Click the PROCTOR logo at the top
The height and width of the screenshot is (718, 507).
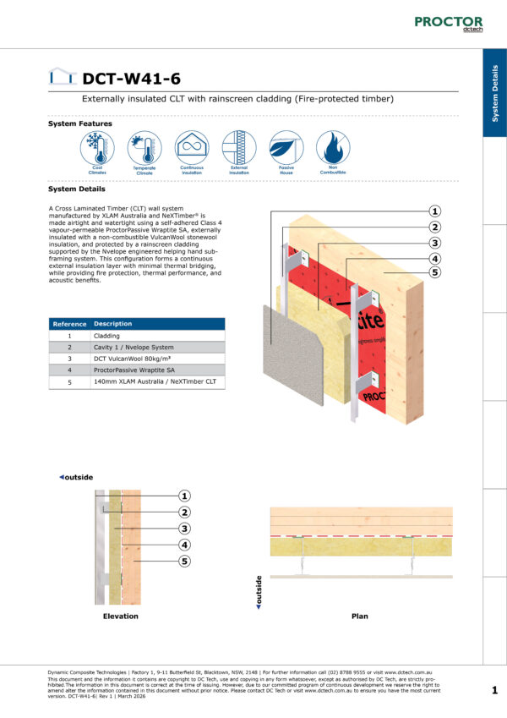point(448,23)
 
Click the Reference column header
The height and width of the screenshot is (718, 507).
point(69,324)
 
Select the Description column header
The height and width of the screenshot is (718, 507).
point(113,324)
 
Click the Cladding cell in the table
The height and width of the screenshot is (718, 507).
point(106,336)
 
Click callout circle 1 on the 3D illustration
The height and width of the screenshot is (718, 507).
point(434,211)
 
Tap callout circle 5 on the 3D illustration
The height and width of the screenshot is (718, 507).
point(434,272)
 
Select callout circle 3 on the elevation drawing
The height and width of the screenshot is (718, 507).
point(185,529)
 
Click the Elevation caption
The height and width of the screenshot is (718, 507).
point(120,616)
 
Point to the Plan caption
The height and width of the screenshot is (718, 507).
point(359,616)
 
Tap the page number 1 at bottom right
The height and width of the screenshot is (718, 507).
point(494,691)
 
